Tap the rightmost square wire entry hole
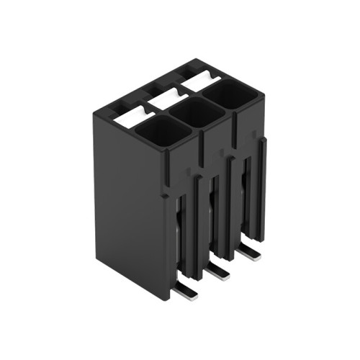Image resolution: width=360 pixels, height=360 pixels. [230, 94]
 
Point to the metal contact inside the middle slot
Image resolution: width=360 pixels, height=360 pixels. [213, 216]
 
